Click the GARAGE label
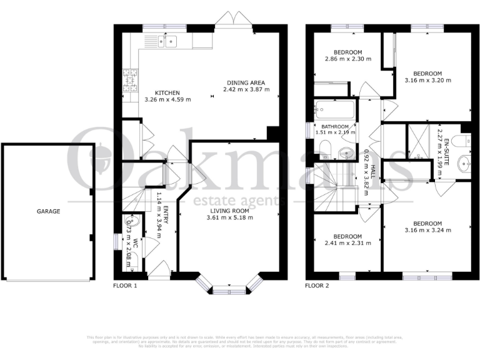[47, 211]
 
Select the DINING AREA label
[246, 82]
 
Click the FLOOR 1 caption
[124, 286]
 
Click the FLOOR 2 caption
[316, 286]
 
